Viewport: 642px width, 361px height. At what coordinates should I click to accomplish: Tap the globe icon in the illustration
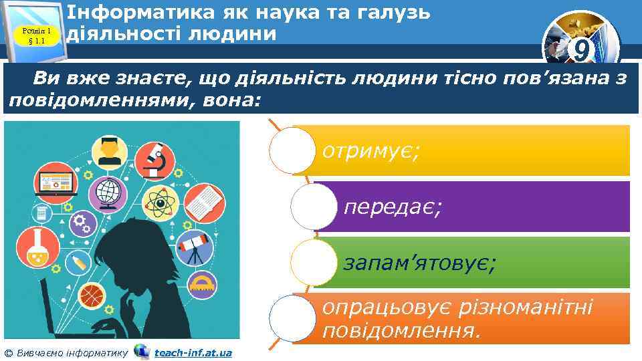(107, 192)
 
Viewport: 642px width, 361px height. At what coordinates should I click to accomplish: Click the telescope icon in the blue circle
(197, 247)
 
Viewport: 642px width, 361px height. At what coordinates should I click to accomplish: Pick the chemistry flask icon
(33, 248)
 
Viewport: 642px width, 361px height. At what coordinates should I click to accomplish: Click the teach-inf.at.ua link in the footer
(193, 352)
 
